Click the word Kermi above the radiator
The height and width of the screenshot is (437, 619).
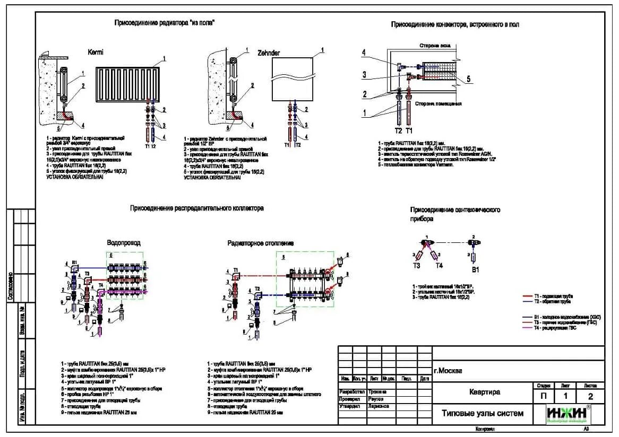pos(96,53)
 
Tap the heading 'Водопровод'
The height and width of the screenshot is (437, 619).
pos(124,242)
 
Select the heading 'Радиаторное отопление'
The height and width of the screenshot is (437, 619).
pos(260,243)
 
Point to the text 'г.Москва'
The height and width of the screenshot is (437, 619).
pos(448,371)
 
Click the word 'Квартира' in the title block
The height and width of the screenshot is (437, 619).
pos(484,392)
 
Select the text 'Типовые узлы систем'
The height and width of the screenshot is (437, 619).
pos(483,413)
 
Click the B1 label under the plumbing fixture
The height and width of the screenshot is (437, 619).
pos(476,269)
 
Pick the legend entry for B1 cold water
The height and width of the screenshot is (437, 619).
pos(565,317)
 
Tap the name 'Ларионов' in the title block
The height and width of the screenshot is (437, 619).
pos(377,406)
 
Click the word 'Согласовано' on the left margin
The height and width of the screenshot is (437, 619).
pos(11,287)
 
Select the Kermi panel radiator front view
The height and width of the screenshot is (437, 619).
pos(128,83)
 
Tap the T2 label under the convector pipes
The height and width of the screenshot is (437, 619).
pos(398,130)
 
